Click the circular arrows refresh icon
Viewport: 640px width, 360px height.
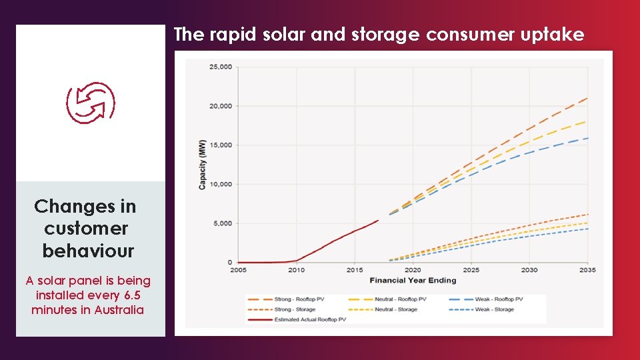(x=91, y=104)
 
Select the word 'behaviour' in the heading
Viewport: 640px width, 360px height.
(x=88, y=251)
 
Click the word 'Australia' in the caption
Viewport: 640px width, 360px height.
(x=119, y=310)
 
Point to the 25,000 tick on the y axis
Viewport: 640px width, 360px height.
(x=221, y=67)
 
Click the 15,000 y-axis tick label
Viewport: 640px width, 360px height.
(x=221, y=145)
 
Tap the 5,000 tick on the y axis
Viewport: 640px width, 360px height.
(x=223, y=223)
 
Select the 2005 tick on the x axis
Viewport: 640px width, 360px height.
(x=238, y=270)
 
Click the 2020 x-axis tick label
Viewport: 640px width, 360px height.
(x=413, y=270)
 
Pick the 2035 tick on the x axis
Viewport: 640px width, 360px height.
(x=587, y=270)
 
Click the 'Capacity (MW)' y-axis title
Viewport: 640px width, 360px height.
(x=203, y=165)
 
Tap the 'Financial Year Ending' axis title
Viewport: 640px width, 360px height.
(x=413, y=280)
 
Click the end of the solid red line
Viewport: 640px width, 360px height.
(x=377, y=220)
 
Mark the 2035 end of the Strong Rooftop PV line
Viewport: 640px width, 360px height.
(x=587, y=98)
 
